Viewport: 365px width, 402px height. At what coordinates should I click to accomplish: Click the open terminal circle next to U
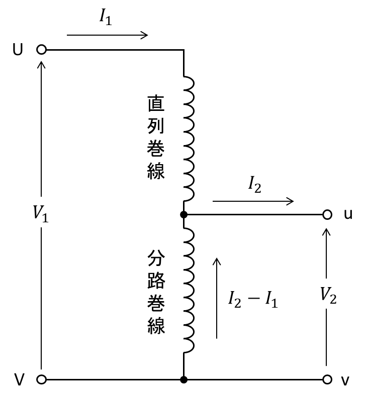(41, 50)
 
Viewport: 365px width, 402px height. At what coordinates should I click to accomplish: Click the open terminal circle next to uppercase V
(41, 379)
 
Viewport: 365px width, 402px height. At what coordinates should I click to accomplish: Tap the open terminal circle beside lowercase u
(327, 214)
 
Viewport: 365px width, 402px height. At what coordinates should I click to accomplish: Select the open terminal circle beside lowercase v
(327, 379)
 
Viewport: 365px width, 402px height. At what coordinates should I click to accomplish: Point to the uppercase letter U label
(18, 50)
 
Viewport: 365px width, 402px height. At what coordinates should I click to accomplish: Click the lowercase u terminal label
(348, 214)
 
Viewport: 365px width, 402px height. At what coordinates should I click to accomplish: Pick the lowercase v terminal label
(345, 380)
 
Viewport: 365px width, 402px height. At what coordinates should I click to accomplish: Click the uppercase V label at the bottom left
(19, 379)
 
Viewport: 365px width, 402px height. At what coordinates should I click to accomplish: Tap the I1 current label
(106, 17)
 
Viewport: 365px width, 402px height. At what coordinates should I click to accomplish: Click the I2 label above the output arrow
(254, 184)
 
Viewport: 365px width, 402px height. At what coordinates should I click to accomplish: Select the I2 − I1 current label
(253, 300)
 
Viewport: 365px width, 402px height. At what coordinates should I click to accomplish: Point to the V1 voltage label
(41, 213)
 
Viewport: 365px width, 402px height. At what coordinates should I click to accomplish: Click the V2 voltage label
(328, 295)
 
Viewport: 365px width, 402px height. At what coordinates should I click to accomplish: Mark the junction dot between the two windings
(184, 214)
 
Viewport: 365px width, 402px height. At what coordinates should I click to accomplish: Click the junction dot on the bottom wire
(184, 379)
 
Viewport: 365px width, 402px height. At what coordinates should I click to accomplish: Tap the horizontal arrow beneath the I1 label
(108, 35)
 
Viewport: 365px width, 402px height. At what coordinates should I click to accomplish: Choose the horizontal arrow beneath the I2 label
(253, 201)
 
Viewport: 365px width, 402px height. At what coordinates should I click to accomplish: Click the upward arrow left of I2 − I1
(217, 298)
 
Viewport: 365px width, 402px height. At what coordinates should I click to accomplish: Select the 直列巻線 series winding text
(156, 137)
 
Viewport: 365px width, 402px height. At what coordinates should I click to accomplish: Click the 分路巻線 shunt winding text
(156, 292)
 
